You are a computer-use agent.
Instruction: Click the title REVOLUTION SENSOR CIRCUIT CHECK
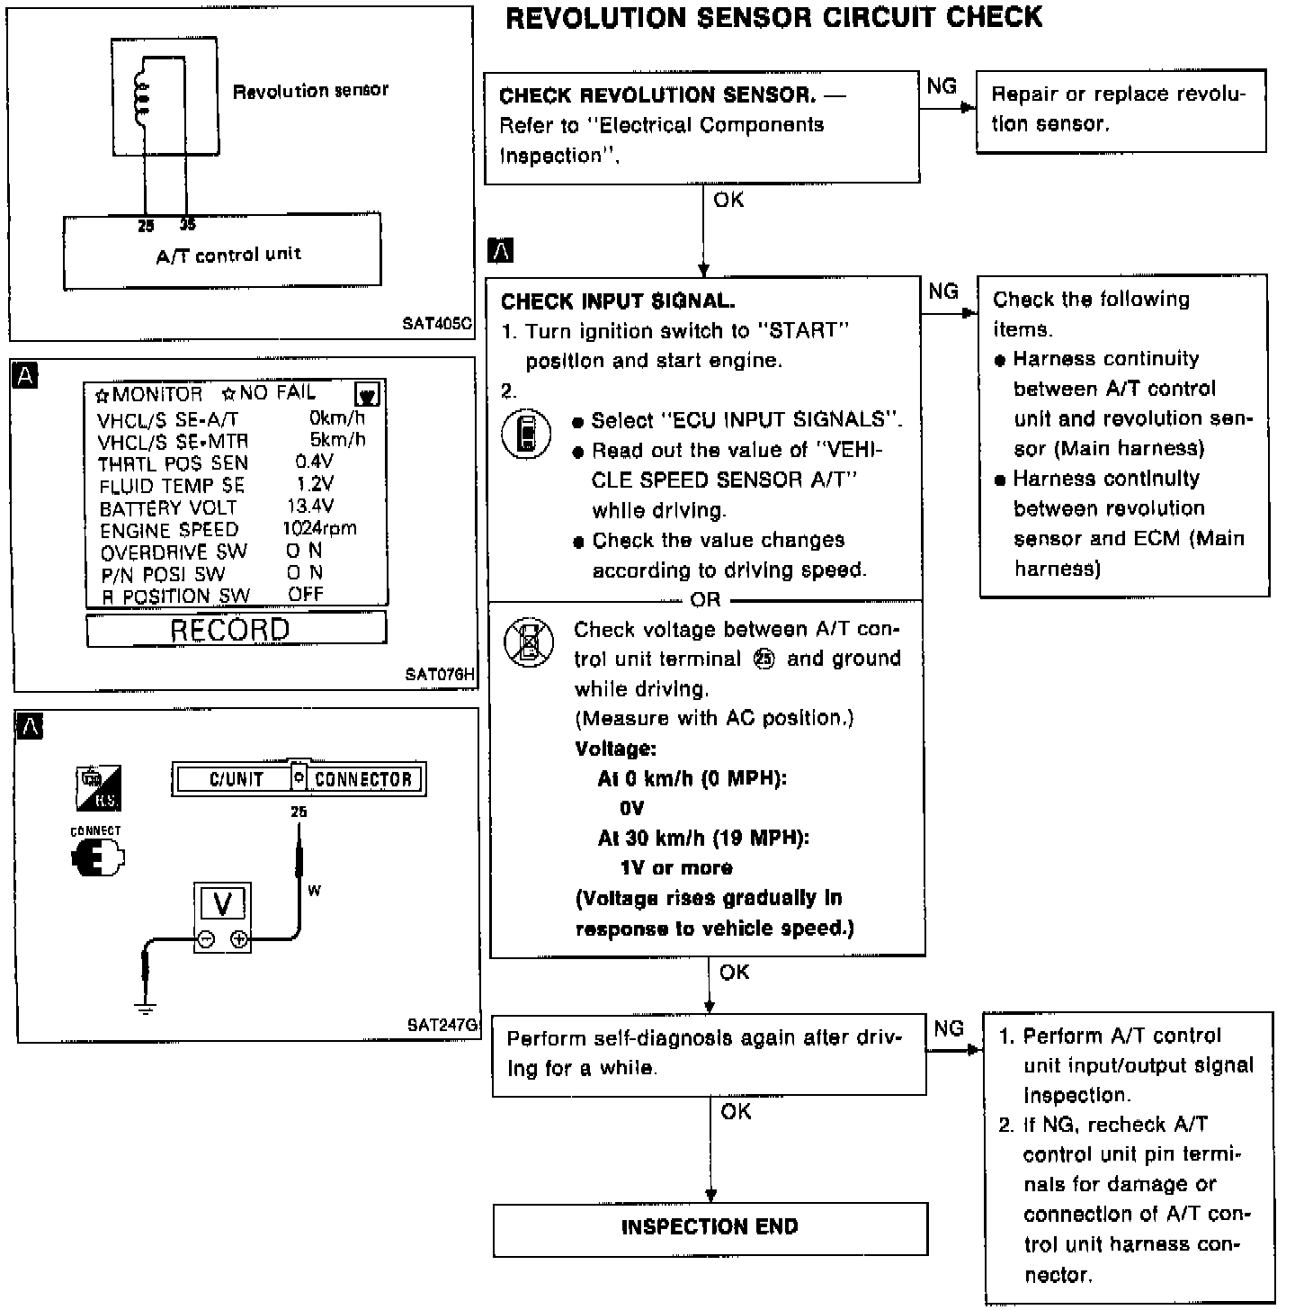(773, 18)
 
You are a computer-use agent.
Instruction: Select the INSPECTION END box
(710, 1227)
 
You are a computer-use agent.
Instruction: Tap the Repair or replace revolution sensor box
(1121, 110)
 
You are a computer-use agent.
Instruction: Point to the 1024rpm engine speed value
(319, 529)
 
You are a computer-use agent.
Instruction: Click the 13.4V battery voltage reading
(310, 507)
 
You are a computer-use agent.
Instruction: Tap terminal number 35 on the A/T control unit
(187, 225)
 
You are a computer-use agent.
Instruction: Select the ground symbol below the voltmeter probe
(145, 1008)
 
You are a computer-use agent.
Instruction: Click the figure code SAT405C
(437, 324)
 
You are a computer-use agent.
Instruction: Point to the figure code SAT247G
(442, 1025)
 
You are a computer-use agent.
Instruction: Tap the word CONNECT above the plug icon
(95, 830)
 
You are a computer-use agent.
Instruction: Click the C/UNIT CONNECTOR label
(299, 779)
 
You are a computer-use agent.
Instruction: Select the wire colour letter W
(314, 891)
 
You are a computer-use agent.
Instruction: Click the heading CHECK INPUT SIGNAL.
(618, 301)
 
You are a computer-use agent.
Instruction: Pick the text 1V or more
(676, 868)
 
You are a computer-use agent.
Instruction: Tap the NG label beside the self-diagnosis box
(949, 1028)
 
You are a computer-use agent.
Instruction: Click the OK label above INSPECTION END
(736, 1112)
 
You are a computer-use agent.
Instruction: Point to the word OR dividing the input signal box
(705, 599)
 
